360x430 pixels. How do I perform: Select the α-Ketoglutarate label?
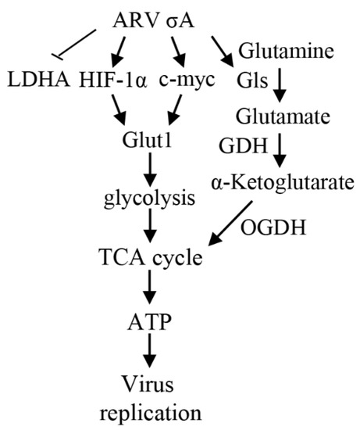coord(282,181)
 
